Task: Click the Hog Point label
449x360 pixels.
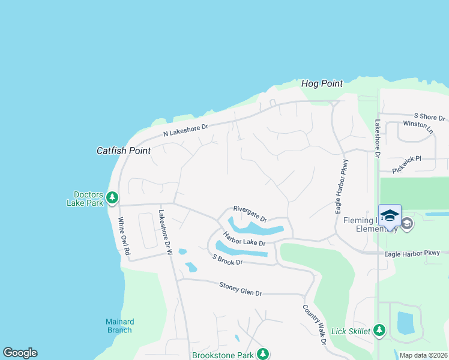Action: click(x=322, y=84)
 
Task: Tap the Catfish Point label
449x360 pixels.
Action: click(x=124, y=151)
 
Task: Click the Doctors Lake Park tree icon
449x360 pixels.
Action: click(x=112, y=197)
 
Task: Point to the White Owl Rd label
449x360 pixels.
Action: click(x=124, y=236)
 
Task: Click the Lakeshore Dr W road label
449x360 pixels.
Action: click(x=166, y=232)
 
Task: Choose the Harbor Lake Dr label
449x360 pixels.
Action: click(x=244, y=238)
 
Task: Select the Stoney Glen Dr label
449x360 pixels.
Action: click(x=241, y=289)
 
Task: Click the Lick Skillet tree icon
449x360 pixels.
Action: click(x=379, y=329)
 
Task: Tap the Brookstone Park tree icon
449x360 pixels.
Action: click(x=262, y=354)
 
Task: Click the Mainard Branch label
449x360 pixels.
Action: click(x=119, y=326)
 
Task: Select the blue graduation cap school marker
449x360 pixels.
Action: click(x=390, y=215)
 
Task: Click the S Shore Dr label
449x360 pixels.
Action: click(x=430, y=116)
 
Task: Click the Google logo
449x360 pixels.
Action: click(x=20, y=353)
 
